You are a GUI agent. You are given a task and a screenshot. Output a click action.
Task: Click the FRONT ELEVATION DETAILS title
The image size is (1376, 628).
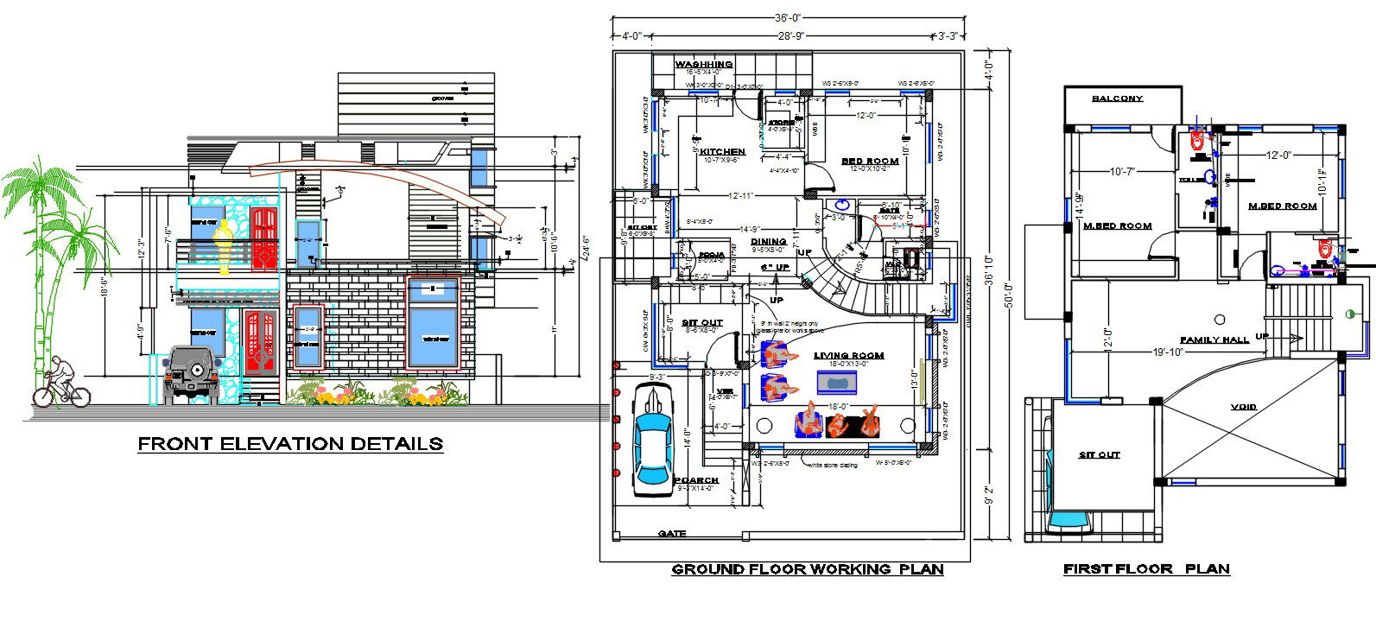tap(291, 444)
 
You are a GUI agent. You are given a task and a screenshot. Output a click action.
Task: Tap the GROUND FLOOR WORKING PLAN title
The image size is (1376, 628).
tap(807, 569)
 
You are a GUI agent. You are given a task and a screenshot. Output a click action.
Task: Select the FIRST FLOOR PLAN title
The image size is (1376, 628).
tap(1145, 569)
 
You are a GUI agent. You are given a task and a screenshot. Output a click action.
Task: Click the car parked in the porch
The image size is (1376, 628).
tap(655, 441)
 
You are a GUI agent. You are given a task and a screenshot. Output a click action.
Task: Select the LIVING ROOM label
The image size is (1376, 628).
tap(848, 355)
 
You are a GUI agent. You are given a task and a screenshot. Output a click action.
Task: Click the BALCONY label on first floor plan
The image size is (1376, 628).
tap(1117, 98)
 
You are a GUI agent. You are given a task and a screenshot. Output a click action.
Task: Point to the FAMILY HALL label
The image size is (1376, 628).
tap(1214, 340)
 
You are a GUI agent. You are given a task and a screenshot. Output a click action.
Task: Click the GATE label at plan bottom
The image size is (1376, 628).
tap(671, 534)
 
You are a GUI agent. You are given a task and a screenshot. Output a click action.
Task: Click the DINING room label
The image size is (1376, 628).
tap(768, 242)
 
